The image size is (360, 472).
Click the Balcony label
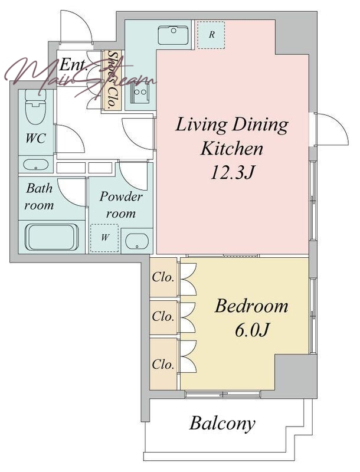(222, 423)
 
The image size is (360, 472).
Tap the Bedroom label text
(251, 306)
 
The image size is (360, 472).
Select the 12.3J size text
(232, 173)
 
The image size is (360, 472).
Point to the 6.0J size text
(251, 330)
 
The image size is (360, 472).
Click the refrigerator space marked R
(211, 35)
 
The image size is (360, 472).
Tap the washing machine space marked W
(104, 238)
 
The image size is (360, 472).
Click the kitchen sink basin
(174, 35)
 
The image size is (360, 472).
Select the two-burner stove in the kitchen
(140, 92)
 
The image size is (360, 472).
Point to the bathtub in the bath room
(52, 237)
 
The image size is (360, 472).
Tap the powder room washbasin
(137, 241)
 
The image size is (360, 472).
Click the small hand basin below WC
(36, 165)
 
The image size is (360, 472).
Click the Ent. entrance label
(73, 65)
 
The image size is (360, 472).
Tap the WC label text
(35, 139)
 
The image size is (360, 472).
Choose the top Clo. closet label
(163, 277)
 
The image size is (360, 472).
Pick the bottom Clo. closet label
(163, 365)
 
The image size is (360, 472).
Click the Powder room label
(121, 205)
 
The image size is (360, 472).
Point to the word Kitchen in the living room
(232, 149)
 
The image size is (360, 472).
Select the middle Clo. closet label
(163, 316)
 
